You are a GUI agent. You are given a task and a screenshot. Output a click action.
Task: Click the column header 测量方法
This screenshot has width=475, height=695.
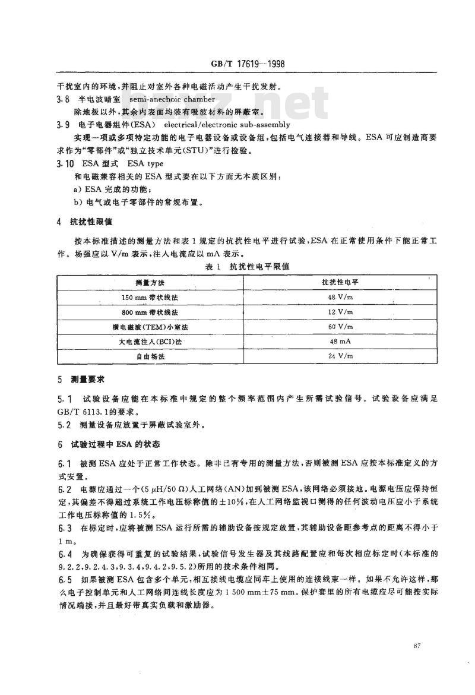point(149,280)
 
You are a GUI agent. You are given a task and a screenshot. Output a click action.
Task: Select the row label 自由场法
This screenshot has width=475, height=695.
point(149,356)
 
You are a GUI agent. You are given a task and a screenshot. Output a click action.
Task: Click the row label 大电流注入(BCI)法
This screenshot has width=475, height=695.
point(149,342)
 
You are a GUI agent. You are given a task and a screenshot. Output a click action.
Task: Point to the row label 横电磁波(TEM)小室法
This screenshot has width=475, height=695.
point(149,326)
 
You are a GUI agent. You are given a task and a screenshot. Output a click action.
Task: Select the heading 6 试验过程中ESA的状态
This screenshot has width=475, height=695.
point(103,444)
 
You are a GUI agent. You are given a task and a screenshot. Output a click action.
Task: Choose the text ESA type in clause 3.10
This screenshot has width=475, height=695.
point(147,163)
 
